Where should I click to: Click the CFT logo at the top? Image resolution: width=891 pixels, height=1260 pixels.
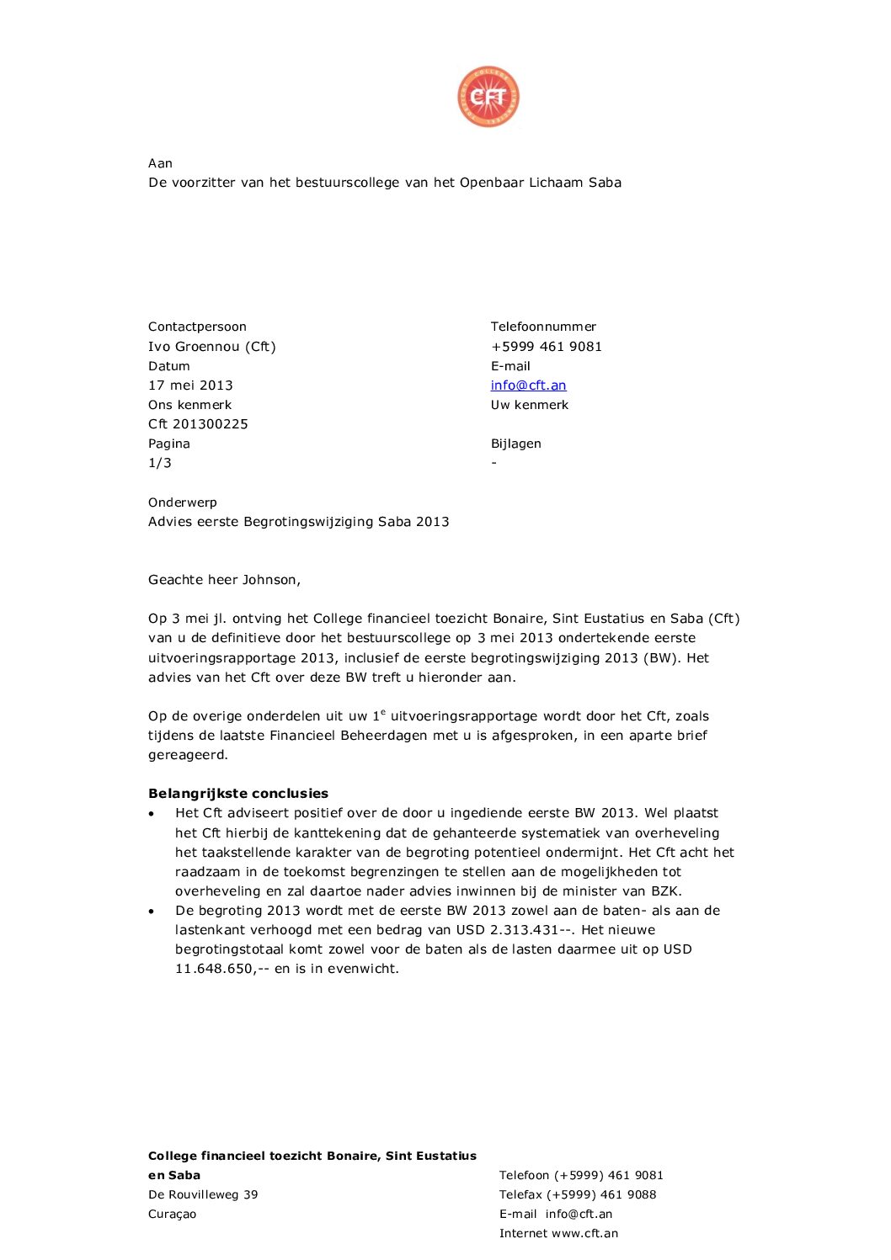[x=488, y=97]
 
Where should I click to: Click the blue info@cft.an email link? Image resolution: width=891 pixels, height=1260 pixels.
[x=528, y=385]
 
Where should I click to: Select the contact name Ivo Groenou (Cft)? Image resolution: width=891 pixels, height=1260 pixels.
[x=212, y=347]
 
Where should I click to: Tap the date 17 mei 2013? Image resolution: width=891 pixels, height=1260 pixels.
[x=190, y=385]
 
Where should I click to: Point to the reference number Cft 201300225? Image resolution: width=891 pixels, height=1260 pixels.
[x=198, y=424]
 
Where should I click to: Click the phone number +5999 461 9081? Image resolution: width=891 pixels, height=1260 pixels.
[x=546, y=347]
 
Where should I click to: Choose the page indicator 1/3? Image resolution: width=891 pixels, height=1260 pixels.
[x=160, y=463]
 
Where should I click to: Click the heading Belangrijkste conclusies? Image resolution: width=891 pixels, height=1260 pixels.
[x=238, y=794]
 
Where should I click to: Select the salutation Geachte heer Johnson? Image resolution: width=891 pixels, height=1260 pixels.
[x=224, y=580]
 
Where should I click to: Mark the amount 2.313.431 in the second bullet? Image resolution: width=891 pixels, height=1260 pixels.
[x=525, y=930]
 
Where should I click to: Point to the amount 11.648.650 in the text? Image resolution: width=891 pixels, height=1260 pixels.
[x=214, y=969]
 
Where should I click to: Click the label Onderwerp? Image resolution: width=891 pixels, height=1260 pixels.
[x=183, y=502]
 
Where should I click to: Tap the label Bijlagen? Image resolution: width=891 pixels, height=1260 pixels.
[x=515, y=444]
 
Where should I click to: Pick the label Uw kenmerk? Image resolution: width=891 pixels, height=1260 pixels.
[x=530, y=405]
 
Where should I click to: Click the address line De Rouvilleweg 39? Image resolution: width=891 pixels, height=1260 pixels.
[x=203, y=1194]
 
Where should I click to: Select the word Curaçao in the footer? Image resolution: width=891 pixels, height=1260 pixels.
[x=172, y=1214]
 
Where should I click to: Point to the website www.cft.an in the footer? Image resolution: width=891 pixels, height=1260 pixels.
[x=584, y=1233]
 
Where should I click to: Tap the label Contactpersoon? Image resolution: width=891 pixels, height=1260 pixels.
[x=197, y=327]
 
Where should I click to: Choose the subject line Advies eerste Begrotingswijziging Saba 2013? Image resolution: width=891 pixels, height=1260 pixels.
[x=298, y=522]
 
